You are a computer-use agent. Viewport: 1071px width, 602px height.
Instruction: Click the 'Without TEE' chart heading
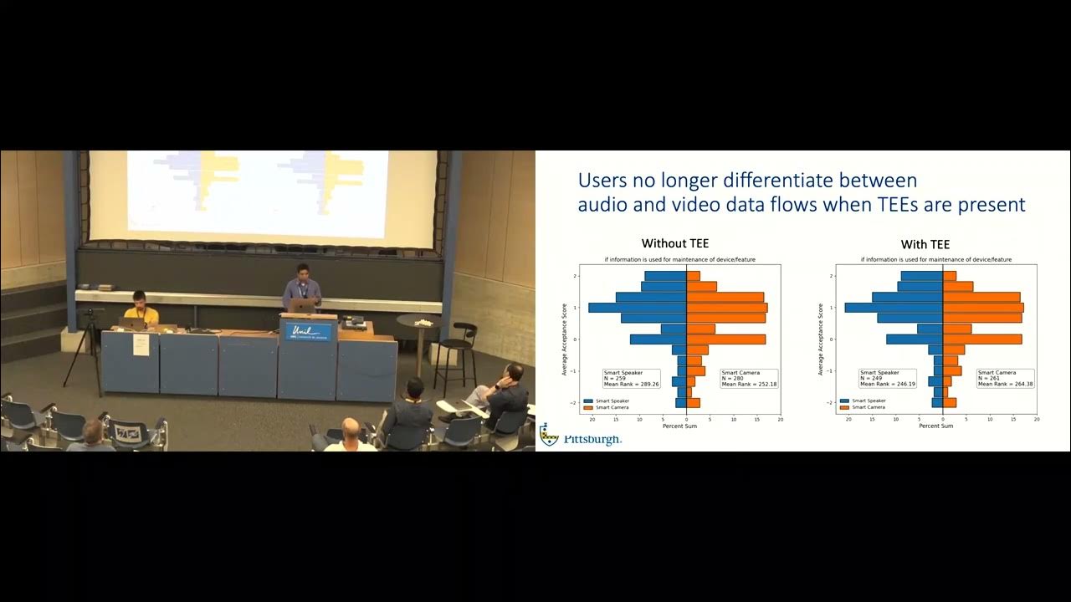click(x=674, y=243)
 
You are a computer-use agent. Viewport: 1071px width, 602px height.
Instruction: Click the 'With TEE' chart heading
click(x=925, y=244)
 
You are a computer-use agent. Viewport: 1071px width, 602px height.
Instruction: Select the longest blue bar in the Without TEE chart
click(x=638, y=308)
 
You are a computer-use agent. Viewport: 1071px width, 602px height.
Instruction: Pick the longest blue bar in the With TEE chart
click(x=894, y=308)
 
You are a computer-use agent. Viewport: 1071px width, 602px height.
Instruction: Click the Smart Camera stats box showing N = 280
click(x=748, y=378)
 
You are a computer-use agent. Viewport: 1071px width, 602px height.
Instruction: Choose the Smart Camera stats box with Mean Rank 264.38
click(x=1004, y=378)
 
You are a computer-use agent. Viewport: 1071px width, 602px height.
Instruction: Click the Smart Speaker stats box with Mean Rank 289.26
click(x=631, y=378)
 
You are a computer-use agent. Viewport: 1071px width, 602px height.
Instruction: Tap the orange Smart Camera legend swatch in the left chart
click(x=588, y=407)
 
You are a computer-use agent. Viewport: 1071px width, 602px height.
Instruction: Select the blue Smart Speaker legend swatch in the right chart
click(x=844, y=400)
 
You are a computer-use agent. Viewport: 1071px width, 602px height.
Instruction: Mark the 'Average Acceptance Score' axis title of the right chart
click(x=821, y=339)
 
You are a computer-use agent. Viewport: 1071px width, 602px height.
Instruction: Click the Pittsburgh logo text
click(x=592, y=439)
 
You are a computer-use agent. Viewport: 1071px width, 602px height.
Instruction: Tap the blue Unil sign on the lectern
click(x=308, y=332)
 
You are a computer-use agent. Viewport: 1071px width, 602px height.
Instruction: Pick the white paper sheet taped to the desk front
click(x=141, y=344)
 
